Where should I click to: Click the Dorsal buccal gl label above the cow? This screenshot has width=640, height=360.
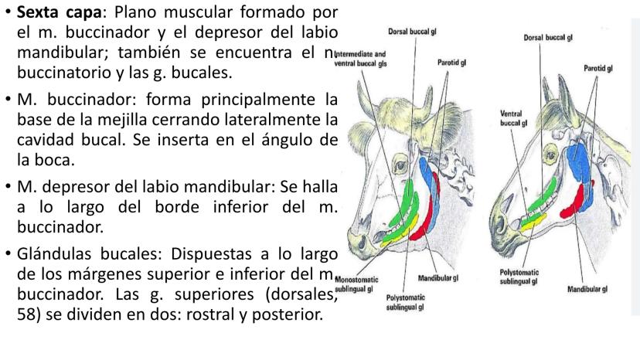[409, 33]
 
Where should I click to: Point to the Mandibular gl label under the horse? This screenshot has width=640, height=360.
[584, 290]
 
